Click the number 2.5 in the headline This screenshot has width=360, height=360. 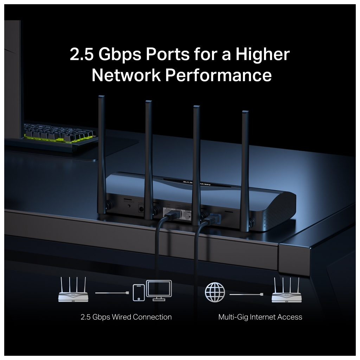[x=82, y=54]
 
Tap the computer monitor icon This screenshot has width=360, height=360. [x=159, y=290]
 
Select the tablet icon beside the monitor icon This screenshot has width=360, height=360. [x=139, y=292]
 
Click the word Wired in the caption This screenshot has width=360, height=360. [x=120, y=317]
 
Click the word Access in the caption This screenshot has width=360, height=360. [x=290, y=317]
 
